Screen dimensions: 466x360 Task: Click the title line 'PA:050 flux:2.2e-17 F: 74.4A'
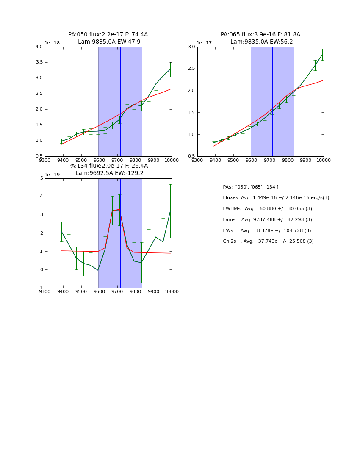click(108, 35)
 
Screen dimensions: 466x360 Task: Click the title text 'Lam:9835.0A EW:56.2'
click(260, 42)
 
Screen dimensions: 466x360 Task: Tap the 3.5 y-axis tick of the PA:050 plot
click(39, 62)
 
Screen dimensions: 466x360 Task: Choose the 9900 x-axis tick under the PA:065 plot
click(306, 160)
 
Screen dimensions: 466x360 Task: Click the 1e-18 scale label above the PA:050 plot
click(53, 43)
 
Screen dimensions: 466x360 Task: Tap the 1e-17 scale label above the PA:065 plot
click(205, 43)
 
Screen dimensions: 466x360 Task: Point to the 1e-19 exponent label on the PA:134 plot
click(53, 175)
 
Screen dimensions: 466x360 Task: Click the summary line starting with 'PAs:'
click(250, 187)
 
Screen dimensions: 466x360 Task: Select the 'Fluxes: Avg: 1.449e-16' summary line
click(276, 198)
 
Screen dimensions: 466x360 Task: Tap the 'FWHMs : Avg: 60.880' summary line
click(267, 208)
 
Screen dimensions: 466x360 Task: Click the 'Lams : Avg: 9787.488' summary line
click(267, 219)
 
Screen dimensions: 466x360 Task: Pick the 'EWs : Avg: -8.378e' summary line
click(267, 230)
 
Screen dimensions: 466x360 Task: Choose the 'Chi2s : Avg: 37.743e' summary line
click(268, 241)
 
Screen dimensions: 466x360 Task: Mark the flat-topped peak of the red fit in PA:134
click(116, 210)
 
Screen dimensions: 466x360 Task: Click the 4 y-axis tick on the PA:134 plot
click(42, 197)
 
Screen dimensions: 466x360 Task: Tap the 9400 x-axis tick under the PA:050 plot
click(63, 160)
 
